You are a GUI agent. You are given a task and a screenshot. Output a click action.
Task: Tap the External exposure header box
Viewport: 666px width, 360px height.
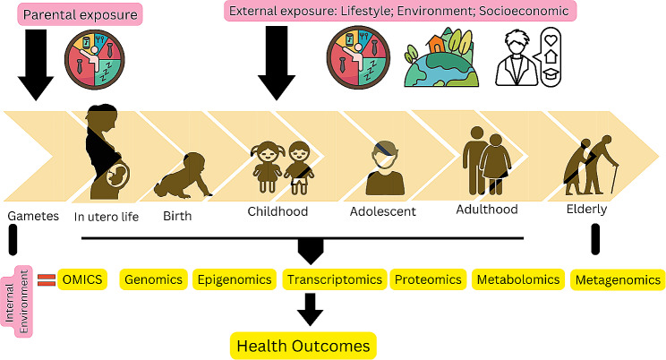click(399, 12)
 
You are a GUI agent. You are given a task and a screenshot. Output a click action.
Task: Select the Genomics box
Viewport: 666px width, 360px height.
click(153, 279)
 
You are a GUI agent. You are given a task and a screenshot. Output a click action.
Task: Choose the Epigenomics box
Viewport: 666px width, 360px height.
click(234, 279)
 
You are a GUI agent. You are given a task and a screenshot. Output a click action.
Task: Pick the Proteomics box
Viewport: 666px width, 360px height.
click(428, 279)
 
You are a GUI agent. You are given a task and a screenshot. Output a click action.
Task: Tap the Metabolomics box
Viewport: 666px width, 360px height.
click(517, 279)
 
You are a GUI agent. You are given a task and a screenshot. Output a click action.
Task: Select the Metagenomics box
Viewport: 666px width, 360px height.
click(617, 280)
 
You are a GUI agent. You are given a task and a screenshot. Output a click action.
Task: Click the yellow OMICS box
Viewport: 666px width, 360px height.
click(82, 279)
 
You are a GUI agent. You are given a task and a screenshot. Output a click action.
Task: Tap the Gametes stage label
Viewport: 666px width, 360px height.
click(32, 217)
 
